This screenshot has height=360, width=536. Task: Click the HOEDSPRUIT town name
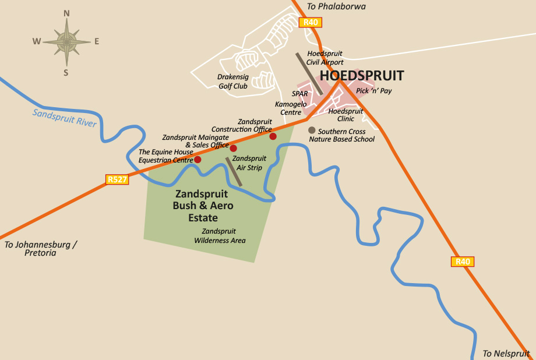[361, 76]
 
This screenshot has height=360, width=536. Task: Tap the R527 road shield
[117, 179]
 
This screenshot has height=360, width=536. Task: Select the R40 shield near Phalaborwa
[310, 23]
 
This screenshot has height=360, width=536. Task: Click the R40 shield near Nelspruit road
[463, 262]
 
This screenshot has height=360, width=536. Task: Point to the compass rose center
[66, 41]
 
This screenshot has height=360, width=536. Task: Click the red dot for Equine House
[198, 160]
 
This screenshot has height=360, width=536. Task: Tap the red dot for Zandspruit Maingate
[234, 148]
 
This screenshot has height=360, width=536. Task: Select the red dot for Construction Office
[273, 136]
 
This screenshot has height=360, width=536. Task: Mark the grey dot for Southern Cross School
[312, 130]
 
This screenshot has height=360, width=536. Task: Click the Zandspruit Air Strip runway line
[234, 172]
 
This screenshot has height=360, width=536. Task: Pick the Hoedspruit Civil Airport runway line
[309, 73]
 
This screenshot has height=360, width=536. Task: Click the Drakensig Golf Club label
[233, 82]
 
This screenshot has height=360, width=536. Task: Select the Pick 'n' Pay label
[373, 91]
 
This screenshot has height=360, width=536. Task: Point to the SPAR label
[299, 94]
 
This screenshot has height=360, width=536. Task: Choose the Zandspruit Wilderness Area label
[220, 236]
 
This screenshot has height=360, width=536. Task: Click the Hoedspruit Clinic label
[345, 115]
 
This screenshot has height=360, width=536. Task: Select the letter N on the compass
[66, 13]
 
